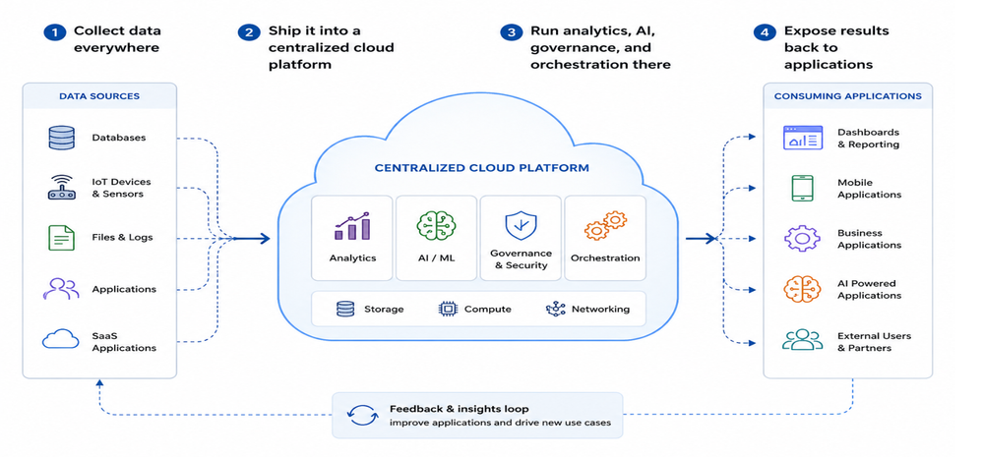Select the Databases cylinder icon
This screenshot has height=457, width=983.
tap(61, 138)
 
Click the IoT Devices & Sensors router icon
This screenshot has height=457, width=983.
tap(61, 187)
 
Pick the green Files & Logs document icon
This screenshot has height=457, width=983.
tap(61, 238)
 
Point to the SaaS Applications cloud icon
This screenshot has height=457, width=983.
tap(61, 339)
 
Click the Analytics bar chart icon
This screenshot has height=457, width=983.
tap(351, 226)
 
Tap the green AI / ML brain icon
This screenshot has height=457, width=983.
tap(436, 226)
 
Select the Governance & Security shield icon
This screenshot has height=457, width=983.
tap(521, 225)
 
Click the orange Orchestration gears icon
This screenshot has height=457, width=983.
tap(605, 226)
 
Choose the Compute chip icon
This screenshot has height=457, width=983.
tap(448, 309)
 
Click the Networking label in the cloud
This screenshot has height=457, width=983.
tap(600, 309)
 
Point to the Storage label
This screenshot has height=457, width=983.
tap(384, 310)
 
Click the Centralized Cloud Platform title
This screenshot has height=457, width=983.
tap(482, 168)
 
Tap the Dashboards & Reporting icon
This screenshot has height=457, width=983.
tap(803, 138)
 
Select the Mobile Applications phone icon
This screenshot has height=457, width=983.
tap(803, 189)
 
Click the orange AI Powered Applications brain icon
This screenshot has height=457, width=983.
tap(803, 289)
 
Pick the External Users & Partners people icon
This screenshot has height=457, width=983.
tap(803, 340)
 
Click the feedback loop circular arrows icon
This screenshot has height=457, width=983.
tap(363, 416)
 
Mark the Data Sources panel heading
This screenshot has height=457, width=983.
tap(99, 96)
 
